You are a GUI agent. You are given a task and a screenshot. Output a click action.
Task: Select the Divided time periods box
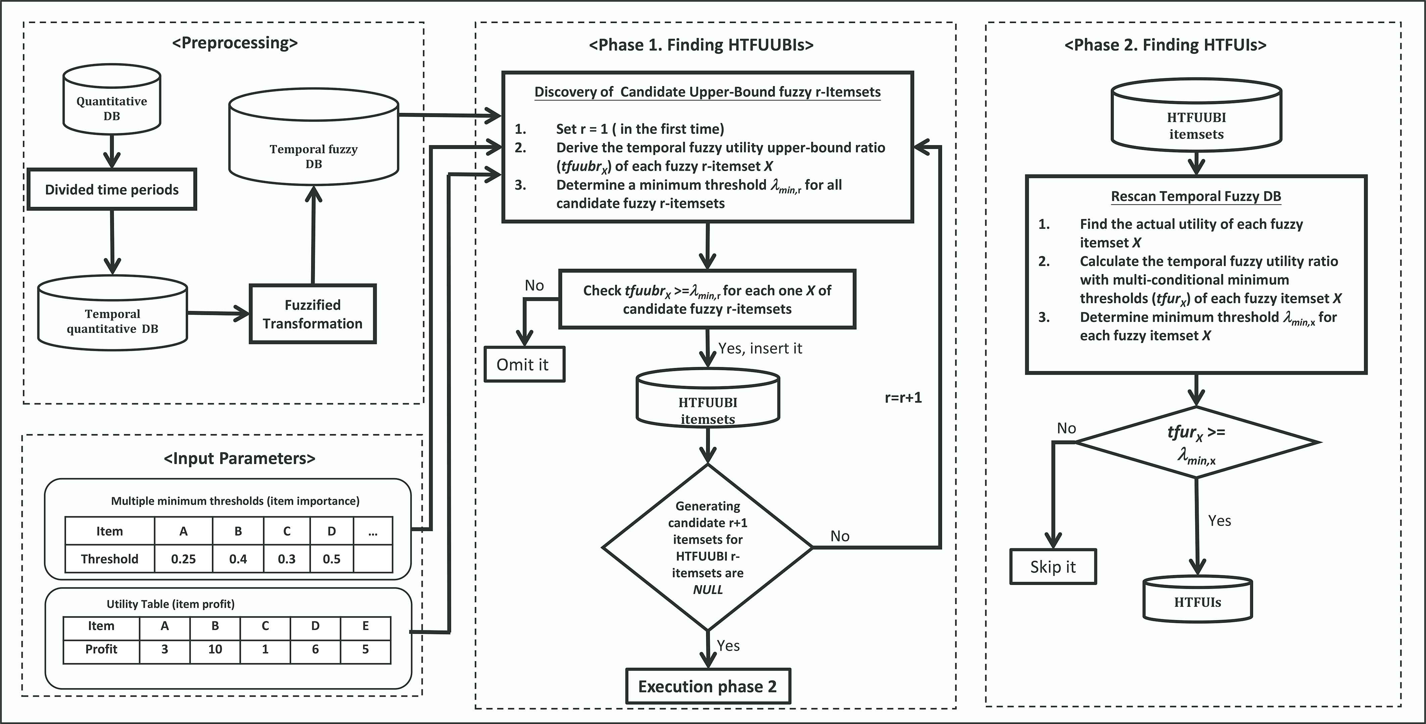pyautogui.click(x=112, y=189)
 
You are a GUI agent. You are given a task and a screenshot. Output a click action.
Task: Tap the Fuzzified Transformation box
pyautogui.click(x=313, y=314)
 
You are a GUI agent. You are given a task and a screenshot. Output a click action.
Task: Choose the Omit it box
pyautogui.click(x=524, y=365)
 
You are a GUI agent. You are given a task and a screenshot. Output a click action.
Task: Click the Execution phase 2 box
pyautogui.click(x=708, y=686)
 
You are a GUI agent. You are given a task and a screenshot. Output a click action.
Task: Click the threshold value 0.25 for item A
pyautogui.click(x=183, y=559)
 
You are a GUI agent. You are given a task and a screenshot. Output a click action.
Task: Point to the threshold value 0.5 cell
pyautogui.click(x=332, y=559)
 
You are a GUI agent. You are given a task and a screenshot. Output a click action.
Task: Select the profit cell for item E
pyautogui.click(x=365, y=649)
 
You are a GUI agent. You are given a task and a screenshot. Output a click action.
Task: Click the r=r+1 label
pyautogui.click(x=903, y=398)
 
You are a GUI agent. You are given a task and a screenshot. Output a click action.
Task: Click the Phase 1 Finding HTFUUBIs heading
pyautogui.click(x=701, y=45)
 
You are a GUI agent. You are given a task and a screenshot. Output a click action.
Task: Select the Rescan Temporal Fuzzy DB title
pyautogui.click(x=1196, y=196)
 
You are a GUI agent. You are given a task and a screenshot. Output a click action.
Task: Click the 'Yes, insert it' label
pyautogui.click(x=760, y=348)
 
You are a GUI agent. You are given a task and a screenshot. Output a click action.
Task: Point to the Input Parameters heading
pyautogui.click(x=239, y=458)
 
